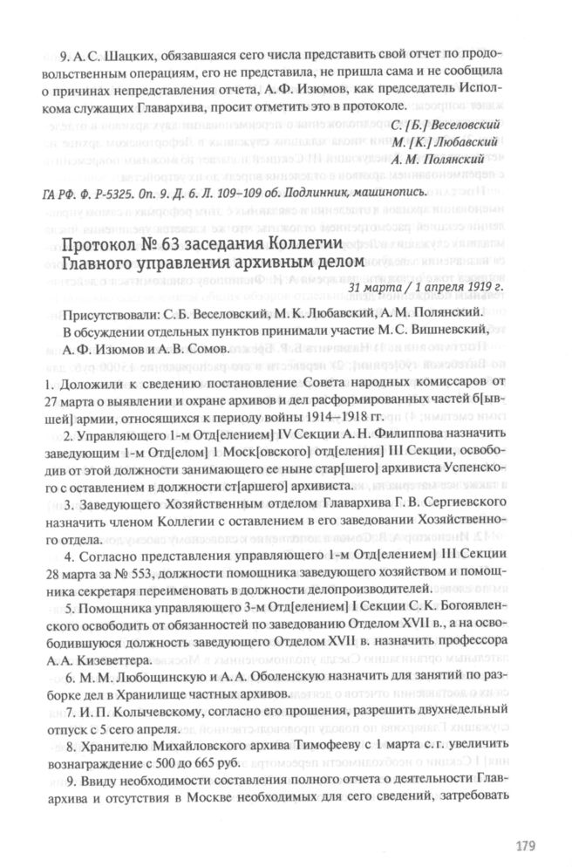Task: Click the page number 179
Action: (524, 843)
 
